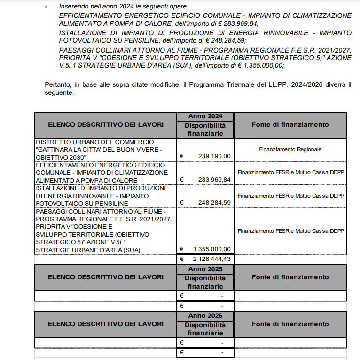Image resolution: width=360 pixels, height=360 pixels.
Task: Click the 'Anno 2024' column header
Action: coord(205,116)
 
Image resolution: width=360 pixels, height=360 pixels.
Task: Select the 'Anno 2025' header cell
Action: coord(205,269)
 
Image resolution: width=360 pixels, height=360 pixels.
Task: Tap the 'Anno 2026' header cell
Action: coord(205,316)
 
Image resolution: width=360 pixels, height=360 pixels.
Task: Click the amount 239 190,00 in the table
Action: coord(214,156)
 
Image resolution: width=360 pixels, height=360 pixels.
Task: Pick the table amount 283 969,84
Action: coord(214,180)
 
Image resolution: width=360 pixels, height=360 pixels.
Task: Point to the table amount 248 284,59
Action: coord(214,203)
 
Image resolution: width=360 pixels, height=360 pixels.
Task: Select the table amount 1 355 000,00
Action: coord(212,249)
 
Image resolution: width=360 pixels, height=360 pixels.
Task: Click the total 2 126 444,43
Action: coord(212,259)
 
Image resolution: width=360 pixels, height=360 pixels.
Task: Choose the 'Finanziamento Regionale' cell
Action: coord(290,149)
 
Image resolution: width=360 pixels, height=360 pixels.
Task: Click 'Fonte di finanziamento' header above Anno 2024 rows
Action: coord(290,124)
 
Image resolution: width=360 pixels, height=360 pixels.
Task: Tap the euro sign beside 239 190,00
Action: coord(182,156)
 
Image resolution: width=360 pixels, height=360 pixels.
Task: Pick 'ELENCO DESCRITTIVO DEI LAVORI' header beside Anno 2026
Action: coord(106,324)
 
